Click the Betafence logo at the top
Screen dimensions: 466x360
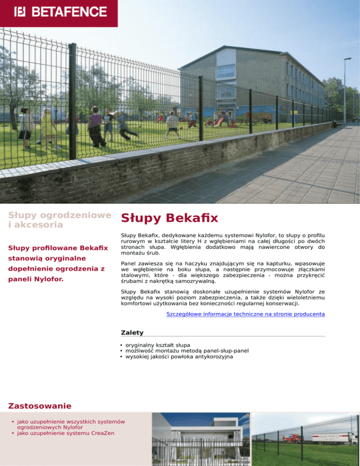click(x=60, y=11)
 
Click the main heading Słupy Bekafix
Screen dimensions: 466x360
click(x=169, y=218)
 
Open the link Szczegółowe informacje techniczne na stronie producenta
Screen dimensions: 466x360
click(x=246, y=314)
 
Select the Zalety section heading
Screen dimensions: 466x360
click(x=132, y=332)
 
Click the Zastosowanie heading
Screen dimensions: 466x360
click(x=40, y=405)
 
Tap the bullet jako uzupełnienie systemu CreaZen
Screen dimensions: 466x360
click(x=66, y=433)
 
